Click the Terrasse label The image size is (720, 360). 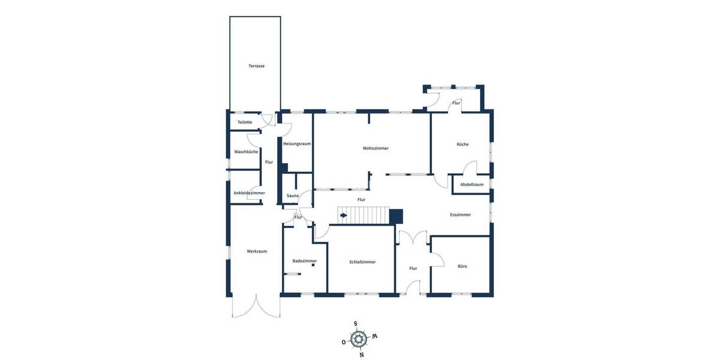pos(256,66)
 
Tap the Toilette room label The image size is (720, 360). pos(245,122)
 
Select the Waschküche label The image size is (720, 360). pos(246,152)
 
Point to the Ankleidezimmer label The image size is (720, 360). pos(249,193)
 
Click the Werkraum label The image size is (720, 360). pos(257,251)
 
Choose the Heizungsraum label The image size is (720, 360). pos(297,144)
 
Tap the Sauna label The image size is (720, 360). pos(293,196)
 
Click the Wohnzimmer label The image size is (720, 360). pos(376,148)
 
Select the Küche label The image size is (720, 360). pos(463,144)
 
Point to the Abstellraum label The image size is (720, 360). pos(472,184)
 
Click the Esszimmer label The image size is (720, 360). pos(460,214)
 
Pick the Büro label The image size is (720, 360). pos(462,266)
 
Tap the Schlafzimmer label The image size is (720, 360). pos(362,262)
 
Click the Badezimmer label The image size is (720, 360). pos(304,261)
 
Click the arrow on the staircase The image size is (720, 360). pos(343,215)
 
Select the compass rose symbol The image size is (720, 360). pos(359,340)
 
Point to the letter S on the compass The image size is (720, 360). pos(355,324)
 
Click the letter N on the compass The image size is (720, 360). pos(362,355)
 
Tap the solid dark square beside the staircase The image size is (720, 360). pos(397,216)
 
